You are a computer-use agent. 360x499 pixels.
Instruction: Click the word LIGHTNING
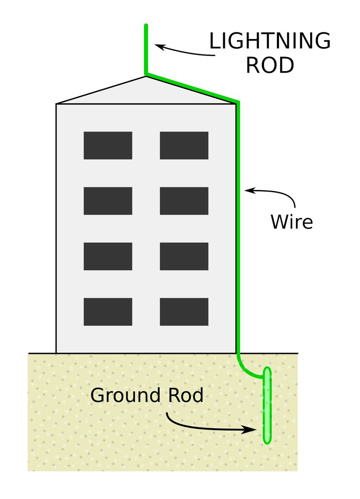(270, 42)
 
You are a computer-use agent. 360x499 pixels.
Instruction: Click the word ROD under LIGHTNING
(270, 65)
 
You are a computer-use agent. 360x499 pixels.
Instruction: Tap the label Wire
(291, 222)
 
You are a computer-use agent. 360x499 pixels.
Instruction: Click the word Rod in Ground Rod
(185, 395)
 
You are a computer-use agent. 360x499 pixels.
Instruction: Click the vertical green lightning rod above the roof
(146, 50)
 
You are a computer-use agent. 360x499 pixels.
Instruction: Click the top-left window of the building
(108, 146)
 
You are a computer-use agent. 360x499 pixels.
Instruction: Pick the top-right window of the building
(184, 146)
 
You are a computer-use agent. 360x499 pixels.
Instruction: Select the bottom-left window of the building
(108, 311)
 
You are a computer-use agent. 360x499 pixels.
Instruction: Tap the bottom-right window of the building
(184, 311)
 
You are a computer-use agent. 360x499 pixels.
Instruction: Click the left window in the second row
(108, 201)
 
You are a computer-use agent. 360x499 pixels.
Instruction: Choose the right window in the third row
(184, 256)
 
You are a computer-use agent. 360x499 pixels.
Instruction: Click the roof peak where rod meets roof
(146, 75)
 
